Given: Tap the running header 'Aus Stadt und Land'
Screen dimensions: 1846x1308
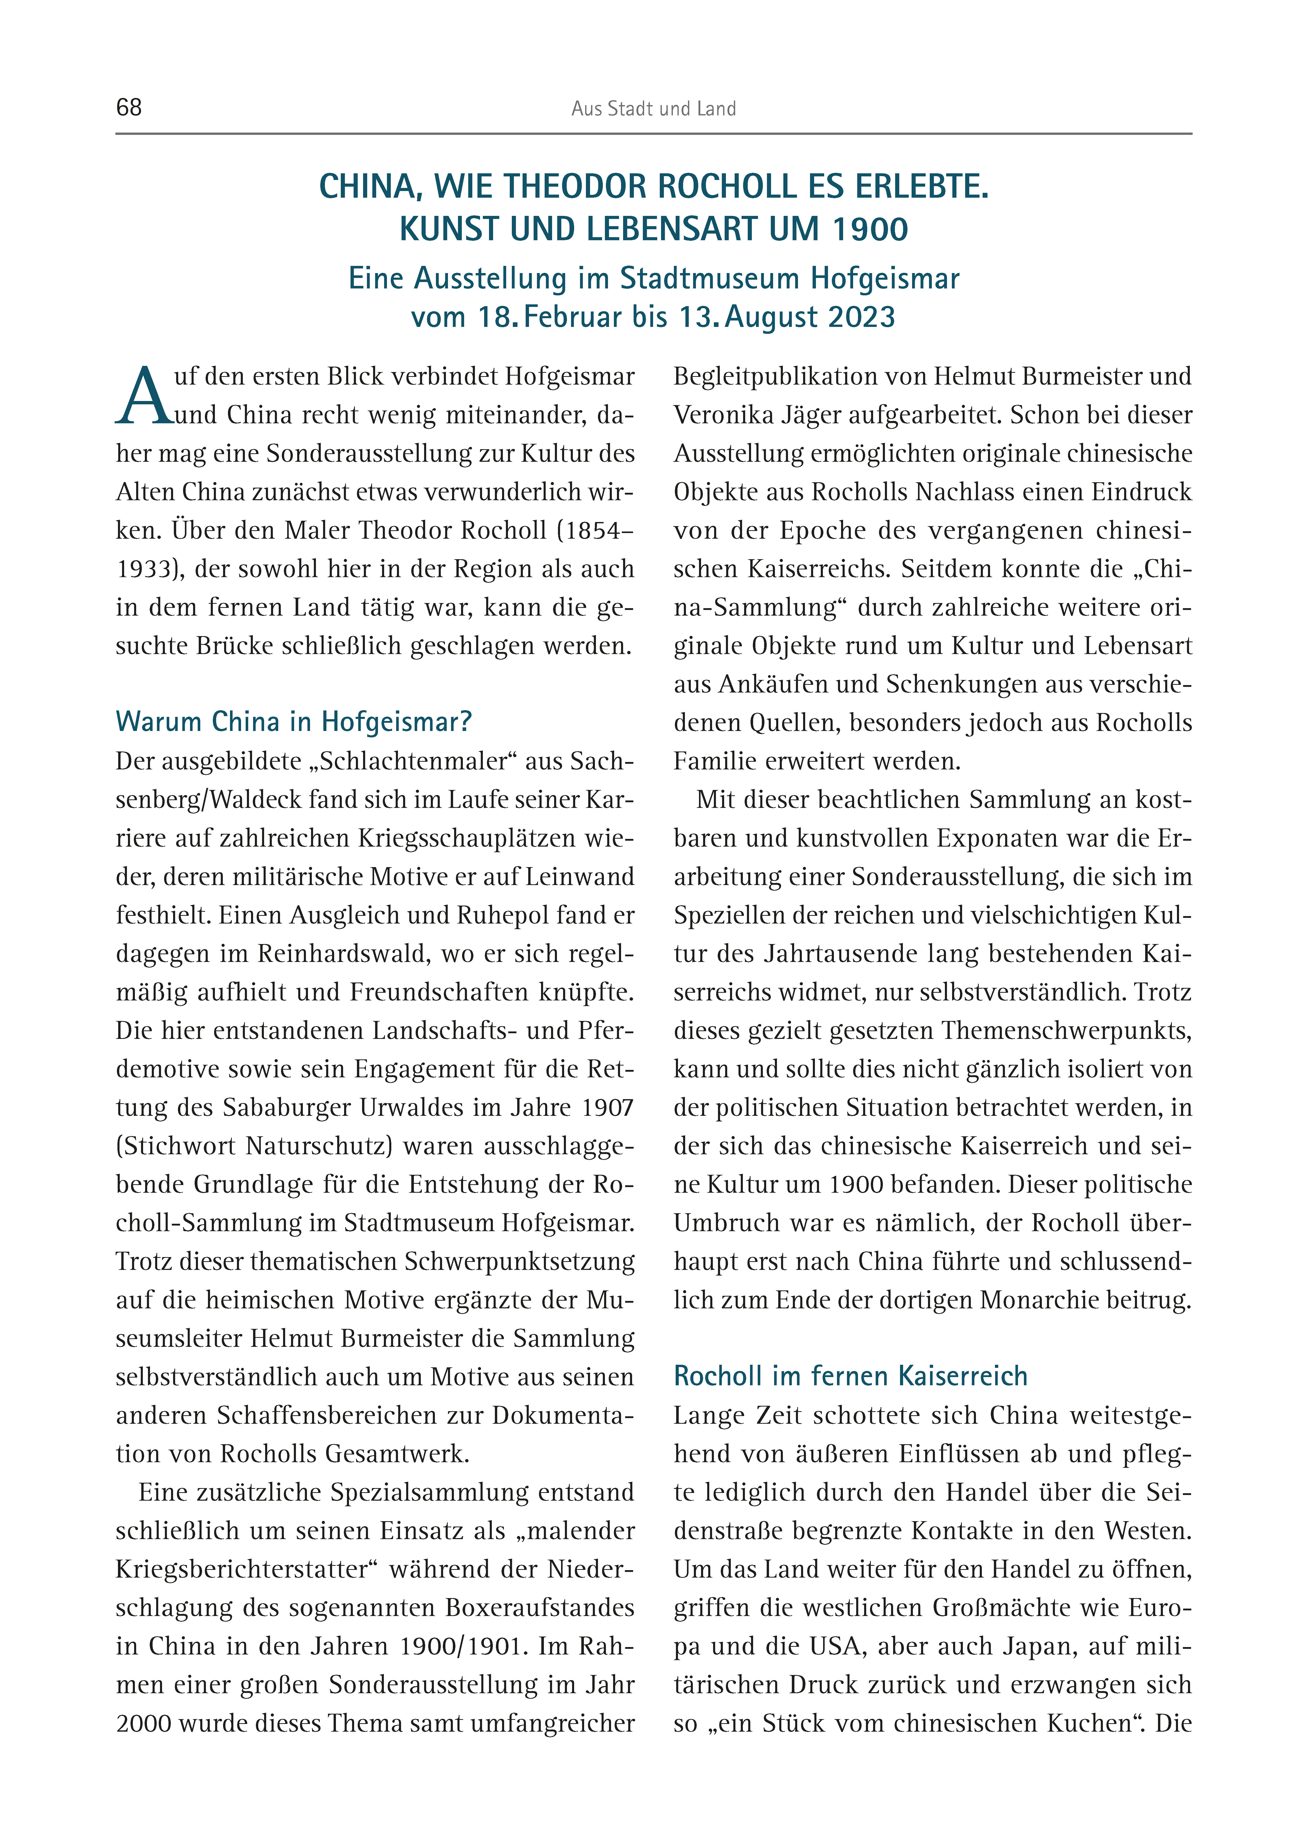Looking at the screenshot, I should pyautogui.click(x=653, y=109).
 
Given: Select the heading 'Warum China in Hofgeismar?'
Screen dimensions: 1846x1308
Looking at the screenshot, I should pyautogui.click(x=293, y=721).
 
